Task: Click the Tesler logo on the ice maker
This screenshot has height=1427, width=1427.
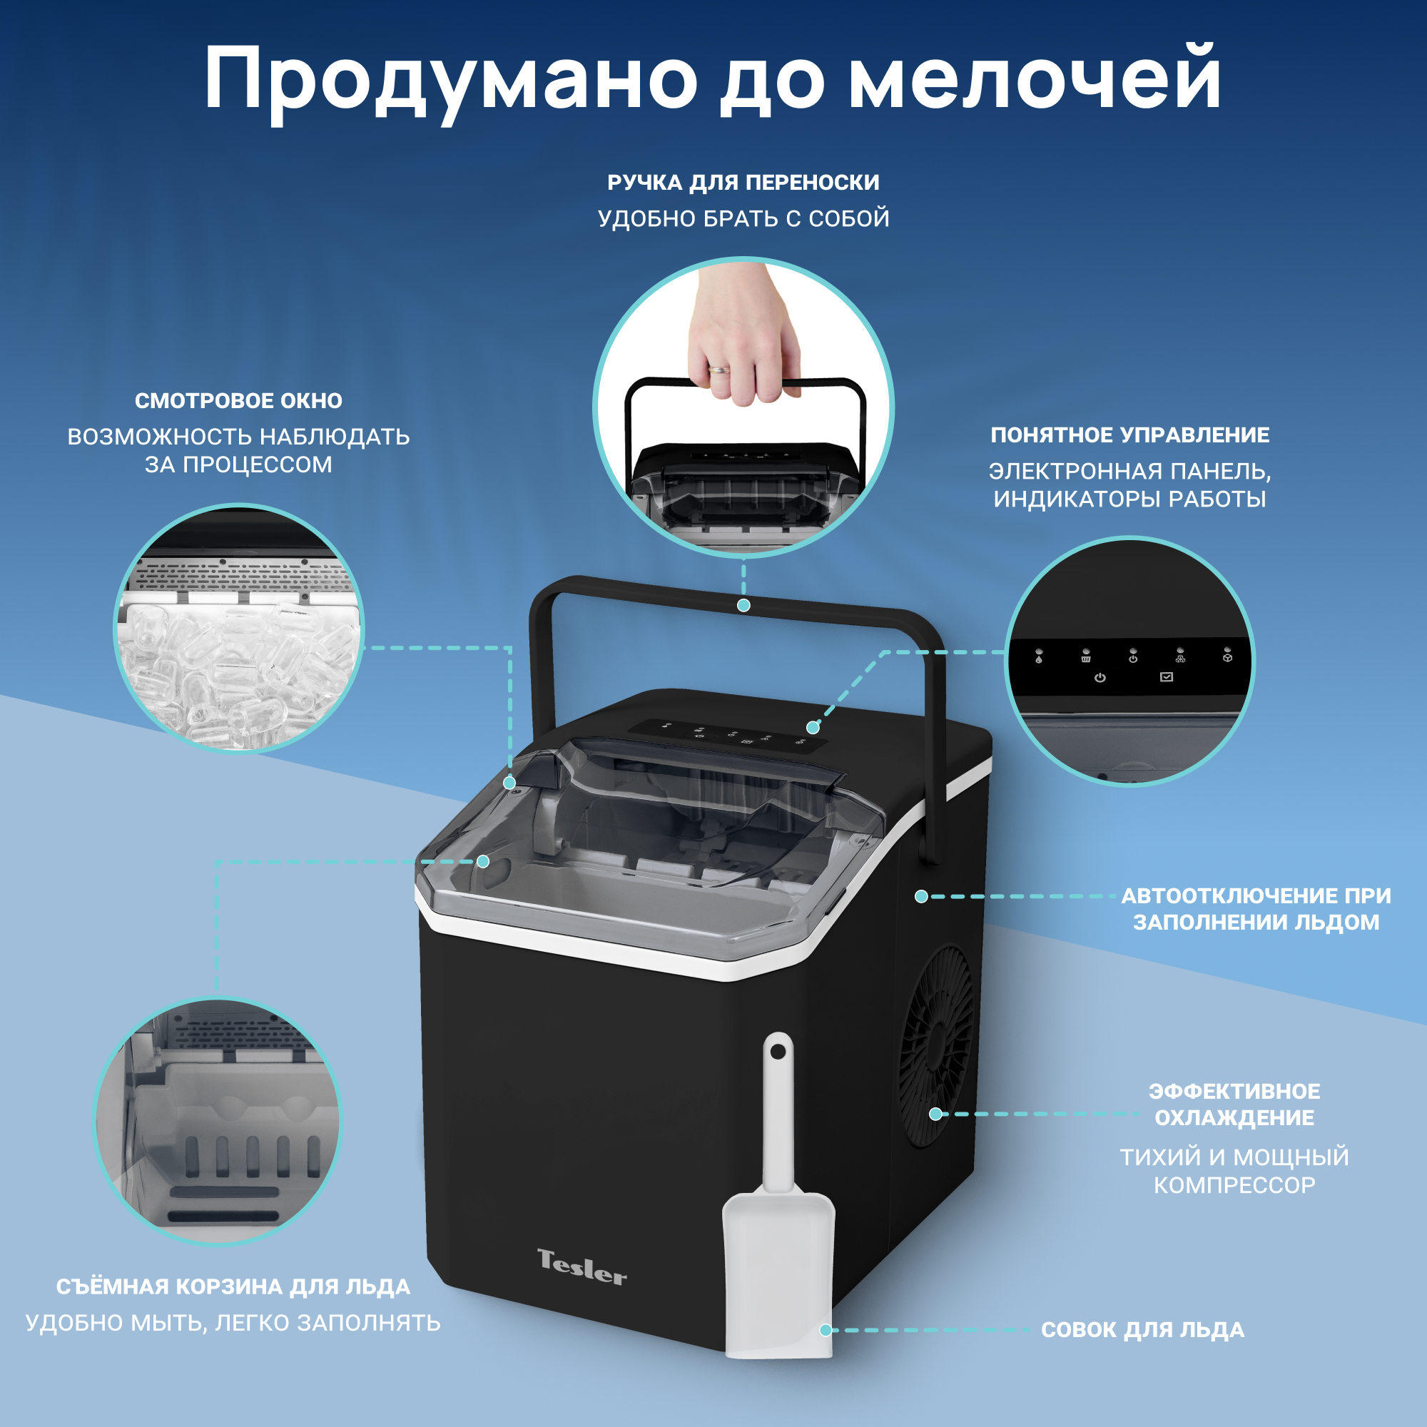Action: pyautogui.click(x=582, y=1267)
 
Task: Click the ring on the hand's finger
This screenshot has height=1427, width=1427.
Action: pyautogui.click(x=718, y=369)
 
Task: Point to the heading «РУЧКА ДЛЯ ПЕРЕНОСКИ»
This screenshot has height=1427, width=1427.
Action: pyautogui.click(x=743, y=183)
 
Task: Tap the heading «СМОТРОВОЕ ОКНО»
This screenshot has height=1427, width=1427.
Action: pyautogui.click(x=238, y=400)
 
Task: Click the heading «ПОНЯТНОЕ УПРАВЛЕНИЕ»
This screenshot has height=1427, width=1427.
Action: pyautogui.click(x=1130, y=435)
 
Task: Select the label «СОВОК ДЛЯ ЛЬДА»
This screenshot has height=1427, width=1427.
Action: pyautogui.click(x=1142, y=1329)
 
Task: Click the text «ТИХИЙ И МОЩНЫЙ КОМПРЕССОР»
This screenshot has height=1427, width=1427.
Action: pyautogui.click(x=1234, y=1171)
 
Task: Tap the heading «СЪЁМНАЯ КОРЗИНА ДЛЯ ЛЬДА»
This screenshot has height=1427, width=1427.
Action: pyautogui.click(x=233, y=1286)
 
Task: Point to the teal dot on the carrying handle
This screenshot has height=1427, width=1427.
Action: pyautogui.click(x=743, y=606)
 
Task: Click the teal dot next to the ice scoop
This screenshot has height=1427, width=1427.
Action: pyautogui.click(x=826, y=1330)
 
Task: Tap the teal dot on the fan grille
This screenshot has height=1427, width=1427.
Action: pyautogui.click(x=935, y=1114)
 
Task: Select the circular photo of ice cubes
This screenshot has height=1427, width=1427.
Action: pyautogui.click(x=238, y=629)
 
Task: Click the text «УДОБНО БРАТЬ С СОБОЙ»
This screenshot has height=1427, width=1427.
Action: pyautogui.click(x=743, y=218)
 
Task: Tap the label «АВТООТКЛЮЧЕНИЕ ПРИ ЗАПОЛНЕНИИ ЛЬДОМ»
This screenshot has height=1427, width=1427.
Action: pyautogui.click(x=1256, y=908)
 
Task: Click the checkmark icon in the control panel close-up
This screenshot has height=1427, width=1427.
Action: pyautogui.click(x=1167, y=676)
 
